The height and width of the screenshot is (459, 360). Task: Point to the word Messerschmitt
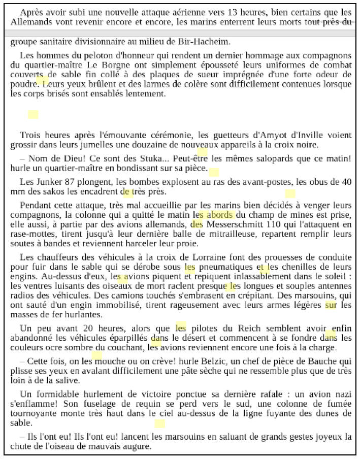tap(234, 224)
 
